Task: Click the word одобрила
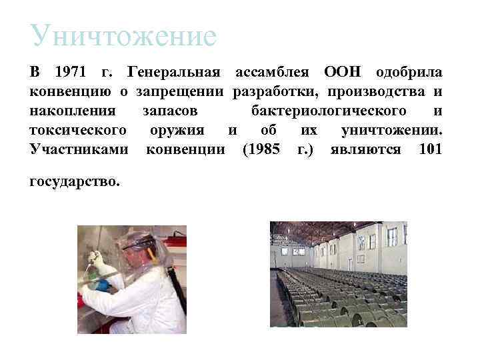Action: pos(409,71)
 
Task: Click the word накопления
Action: pos(74,110)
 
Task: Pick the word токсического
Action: pos(79,129)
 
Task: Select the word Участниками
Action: pos(79,149)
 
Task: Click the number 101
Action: pos(430,149)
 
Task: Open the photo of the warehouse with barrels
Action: pos(338,274)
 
